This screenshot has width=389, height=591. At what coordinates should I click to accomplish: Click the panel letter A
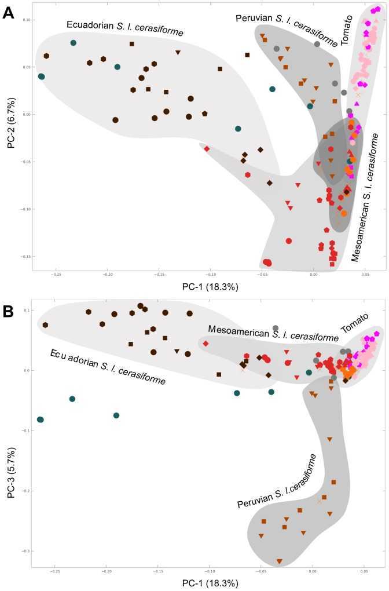(x=9, y=12)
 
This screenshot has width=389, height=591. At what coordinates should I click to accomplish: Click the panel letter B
(x=9, y=311)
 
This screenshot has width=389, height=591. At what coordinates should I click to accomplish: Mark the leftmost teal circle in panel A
(x=41, y=76)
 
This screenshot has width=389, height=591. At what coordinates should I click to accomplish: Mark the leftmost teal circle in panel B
(x=40, y=419)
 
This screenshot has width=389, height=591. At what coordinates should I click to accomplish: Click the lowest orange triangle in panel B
(x=280, y=561)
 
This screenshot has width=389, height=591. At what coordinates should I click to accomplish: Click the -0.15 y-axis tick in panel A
(x=25, y=256)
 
